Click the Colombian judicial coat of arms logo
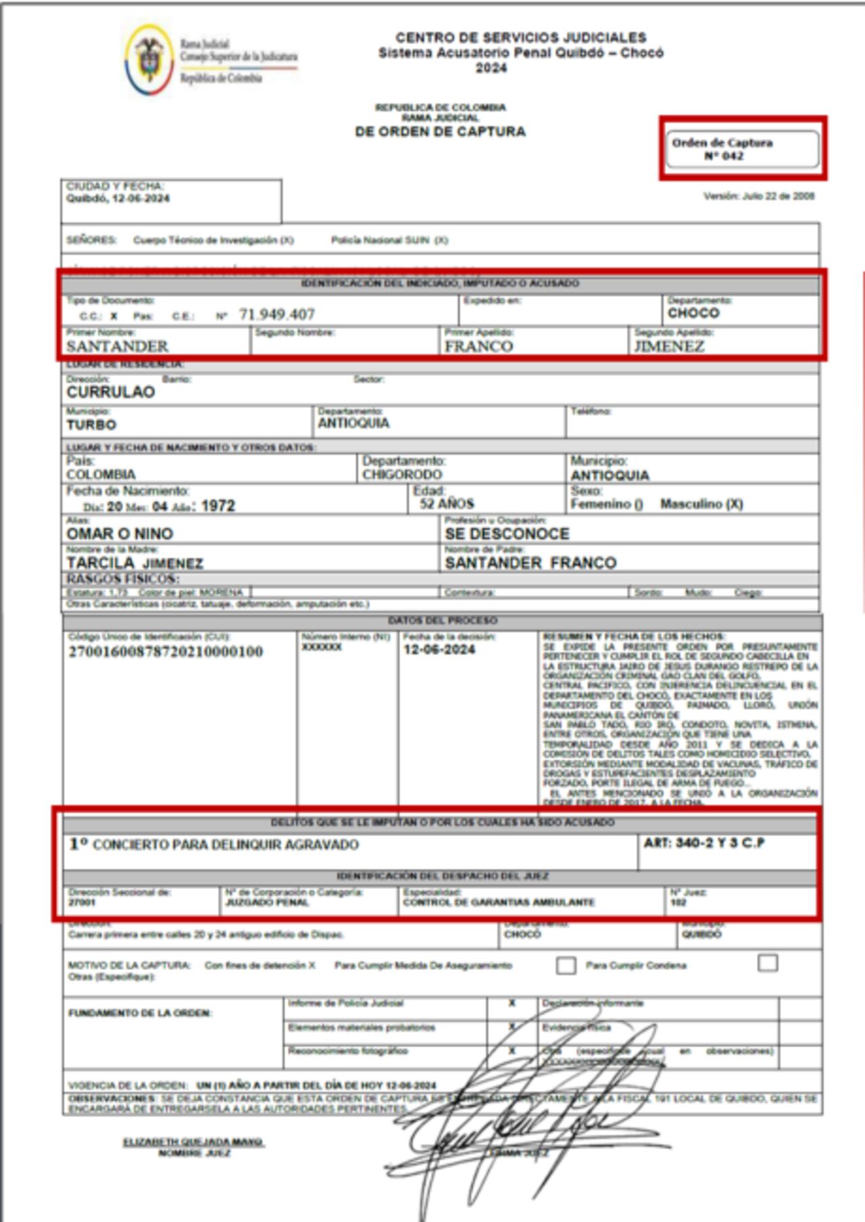(x=149, y=60)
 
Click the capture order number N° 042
(x=724, y=156)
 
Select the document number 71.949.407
(x=276, y=314)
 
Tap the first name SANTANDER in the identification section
(x=118, y=346)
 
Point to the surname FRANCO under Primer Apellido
(x=478, y=346)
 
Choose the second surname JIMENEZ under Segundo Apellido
(x=669, y=346)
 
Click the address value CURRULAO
(x=111, y=392)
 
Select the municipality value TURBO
(x=91, y=425)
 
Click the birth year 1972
(x=218, y=506)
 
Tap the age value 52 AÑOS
(x=447, y=504)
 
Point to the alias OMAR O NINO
(x=120, y=534)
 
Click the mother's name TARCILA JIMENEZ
(x=134, y=563)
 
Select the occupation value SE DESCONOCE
(x=507, y=534)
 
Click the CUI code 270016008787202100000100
(x=166, y=652)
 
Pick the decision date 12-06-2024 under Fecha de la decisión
(x=439, y=650)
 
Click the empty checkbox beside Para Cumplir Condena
(x=768, y=962)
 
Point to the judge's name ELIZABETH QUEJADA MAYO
(x=193, y=1142)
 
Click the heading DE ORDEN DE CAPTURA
(x=440, y=132)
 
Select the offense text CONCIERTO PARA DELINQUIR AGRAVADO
(x=226, y=845)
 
